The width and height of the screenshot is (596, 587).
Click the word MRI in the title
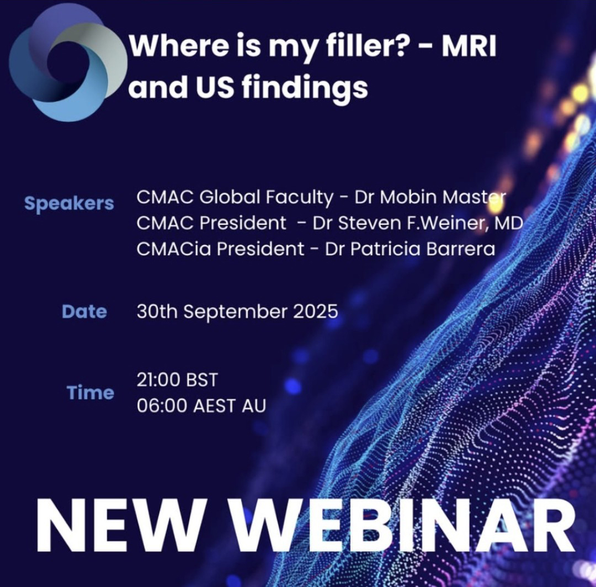469,46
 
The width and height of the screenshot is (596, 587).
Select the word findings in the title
305,88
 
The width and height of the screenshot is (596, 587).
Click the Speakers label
69,204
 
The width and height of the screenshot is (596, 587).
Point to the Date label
84,311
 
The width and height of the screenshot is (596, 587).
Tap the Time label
91,393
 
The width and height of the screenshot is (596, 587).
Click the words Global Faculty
266,198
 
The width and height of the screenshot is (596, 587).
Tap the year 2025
316,311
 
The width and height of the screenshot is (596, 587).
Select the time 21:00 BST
177,380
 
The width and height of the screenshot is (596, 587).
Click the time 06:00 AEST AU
201,405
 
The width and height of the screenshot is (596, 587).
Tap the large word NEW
122,525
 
